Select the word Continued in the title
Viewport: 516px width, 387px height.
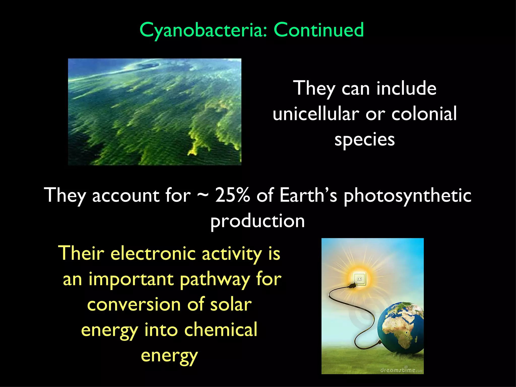(x=318, y=30)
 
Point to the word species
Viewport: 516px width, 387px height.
(x=365, y=140)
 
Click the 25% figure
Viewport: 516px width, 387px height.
(x=232, y=195)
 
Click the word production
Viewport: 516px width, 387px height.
(x=257, y=221)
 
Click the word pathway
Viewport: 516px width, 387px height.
(x=215, y=280)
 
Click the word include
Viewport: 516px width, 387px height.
(x=406, y=88)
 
